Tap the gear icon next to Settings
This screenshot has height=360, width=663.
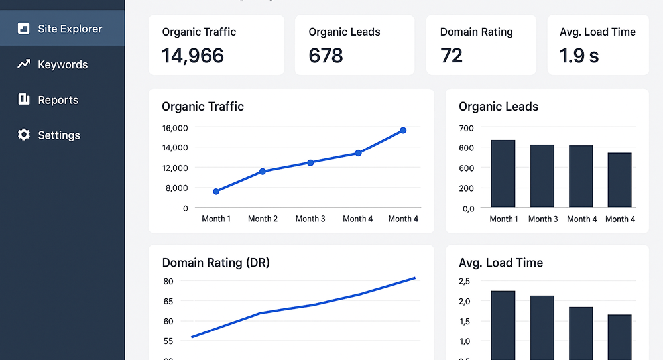[24, 135]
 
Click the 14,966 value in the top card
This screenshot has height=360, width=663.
[193, 56]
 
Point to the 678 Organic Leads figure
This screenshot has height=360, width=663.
[326, 56]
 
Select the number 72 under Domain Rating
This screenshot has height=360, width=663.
[452, 56]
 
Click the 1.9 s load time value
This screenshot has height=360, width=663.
[579, 56]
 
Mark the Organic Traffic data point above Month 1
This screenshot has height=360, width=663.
[216, 192]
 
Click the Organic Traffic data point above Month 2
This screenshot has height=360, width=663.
[263, 171]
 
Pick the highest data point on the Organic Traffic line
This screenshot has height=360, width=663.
[403, 131]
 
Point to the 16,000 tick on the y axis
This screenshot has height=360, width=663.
[175, 128]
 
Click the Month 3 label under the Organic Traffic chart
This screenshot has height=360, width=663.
[310, 219]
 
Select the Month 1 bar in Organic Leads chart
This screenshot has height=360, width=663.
[503, 173]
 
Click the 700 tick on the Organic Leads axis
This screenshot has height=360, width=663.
[466, 128]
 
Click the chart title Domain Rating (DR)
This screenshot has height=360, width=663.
[215, 263]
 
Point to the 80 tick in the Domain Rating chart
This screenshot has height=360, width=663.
[168, 281]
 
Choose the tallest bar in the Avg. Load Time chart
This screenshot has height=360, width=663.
[503, 325]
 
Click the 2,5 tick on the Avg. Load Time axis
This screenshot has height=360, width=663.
[464, 281]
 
